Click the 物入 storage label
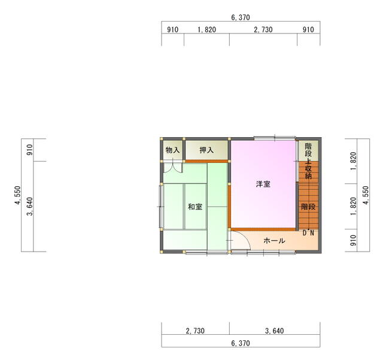coord(173,150)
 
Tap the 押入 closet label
coord(206,150)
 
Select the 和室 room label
coord(195,207)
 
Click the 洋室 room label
coord(263,184)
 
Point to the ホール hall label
coord(274,241)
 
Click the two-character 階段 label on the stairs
coord(308,207)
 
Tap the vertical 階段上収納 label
coord(308,161)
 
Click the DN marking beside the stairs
coord(308,233)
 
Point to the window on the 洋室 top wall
coord(275,138)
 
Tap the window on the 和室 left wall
coord(161,207)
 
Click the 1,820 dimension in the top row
coord(206,30)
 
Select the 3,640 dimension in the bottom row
coord(275,331)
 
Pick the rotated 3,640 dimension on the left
coord(30,207)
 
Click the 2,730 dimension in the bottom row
coord(195,331)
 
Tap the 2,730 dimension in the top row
coord(263,30)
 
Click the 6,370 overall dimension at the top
coord(241,17)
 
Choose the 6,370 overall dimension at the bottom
coord(241,343)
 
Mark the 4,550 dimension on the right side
coord(366,195)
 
